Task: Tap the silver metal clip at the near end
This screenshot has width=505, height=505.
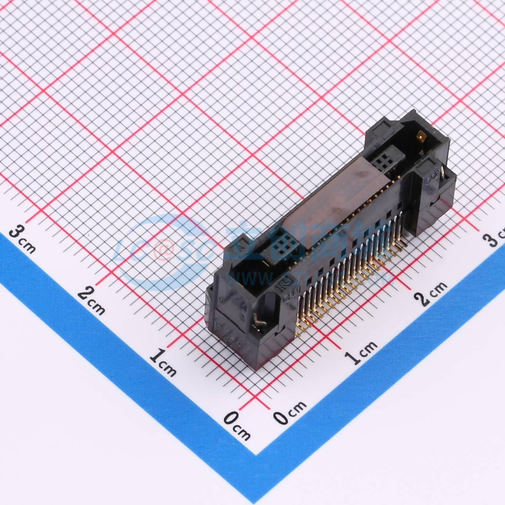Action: pyautogui.click(x=258, y=321)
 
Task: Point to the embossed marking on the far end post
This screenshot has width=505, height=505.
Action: pyautogui.click(x=430, y=179)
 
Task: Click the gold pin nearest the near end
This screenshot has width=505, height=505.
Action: pyautogui.click(x=300, y=331)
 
